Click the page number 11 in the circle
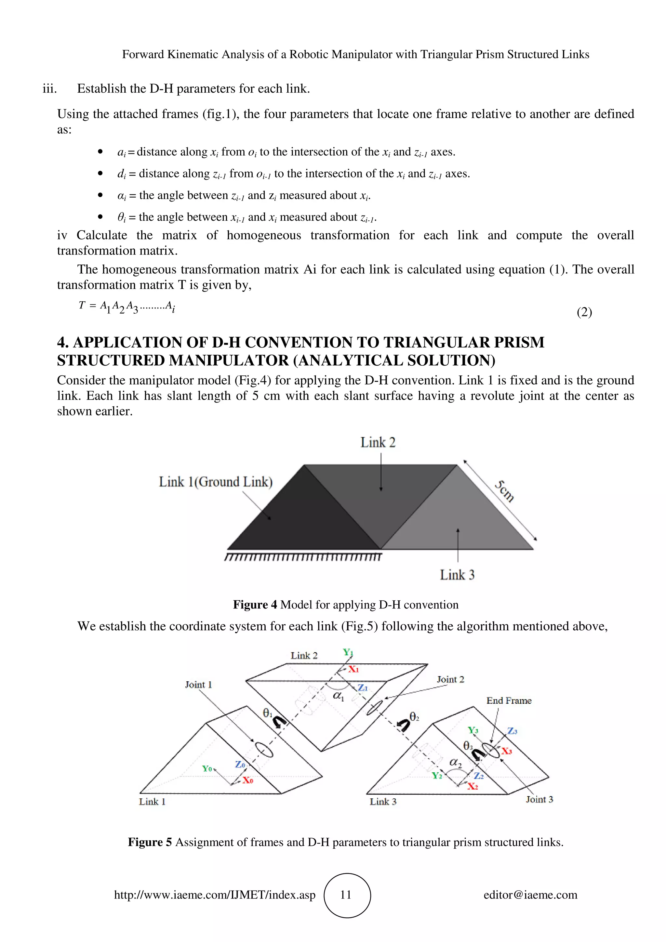coord(346,895)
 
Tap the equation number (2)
coord(584,312)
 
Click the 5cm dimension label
coord(504,491)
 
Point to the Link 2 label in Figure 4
coord(378,442)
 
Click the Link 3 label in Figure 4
coord(457,575)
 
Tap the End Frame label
coord(509,701)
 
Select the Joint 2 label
coord(450,679)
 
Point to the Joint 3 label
coord(539,799)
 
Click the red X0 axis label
coord(247,780)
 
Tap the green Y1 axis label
coord(348,652)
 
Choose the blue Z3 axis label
coord(513,731)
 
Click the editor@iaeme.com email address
coord(530,895)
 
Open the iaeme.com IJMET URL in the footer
coord(215,895)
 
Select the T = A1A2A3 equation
coord(127,306)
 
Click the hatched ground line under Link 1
coord(303,557)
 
